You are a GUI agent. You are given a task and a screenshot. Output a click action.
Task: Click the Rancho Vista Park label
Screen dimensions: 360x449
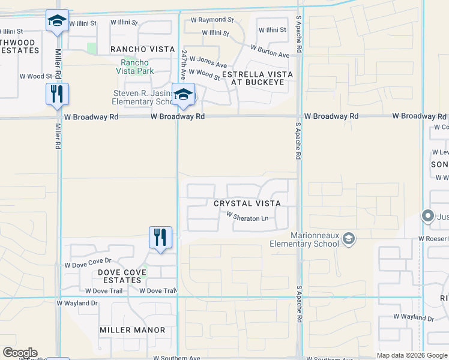(137, 67)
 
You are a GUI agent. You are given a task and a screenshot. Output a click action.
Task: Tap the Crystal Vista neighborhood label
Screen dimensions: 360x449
(247, 203)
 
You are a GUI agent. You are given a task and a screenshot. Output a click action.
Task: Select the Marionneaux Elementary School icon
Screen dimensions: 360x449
(348, 239)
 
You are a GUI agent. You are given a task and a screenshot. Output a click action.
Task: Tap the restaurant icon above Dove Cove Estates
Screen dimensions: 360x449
(160, 237)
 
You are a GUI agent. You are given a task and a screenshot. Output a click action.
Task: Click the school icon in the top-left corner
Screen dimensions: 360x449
(57, 22)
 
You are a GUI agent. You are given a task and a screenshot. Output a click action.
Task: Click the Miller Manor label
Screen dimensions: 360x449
(133, 330)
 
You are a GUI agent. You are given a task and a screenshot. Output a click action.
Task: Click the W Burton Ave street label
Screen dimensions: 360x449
(270, 51)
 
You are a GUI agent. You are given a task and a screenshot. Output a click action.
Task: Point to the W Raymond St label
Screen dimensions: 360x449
(212, 20)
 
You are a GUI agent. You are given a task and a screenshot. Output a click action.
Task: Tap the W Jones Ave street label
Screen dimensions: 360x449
(208, 62)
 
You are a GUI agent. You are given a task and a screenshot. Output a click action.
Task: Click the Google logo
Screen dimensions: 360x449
(20, 353)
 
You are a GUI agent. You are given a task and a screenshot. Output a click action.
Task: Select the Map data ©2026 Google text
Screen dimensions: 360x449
(411, 355)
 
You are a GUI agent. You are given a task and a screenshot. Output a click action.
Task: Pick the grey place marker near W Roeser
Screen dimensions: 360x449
(428, 215)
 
